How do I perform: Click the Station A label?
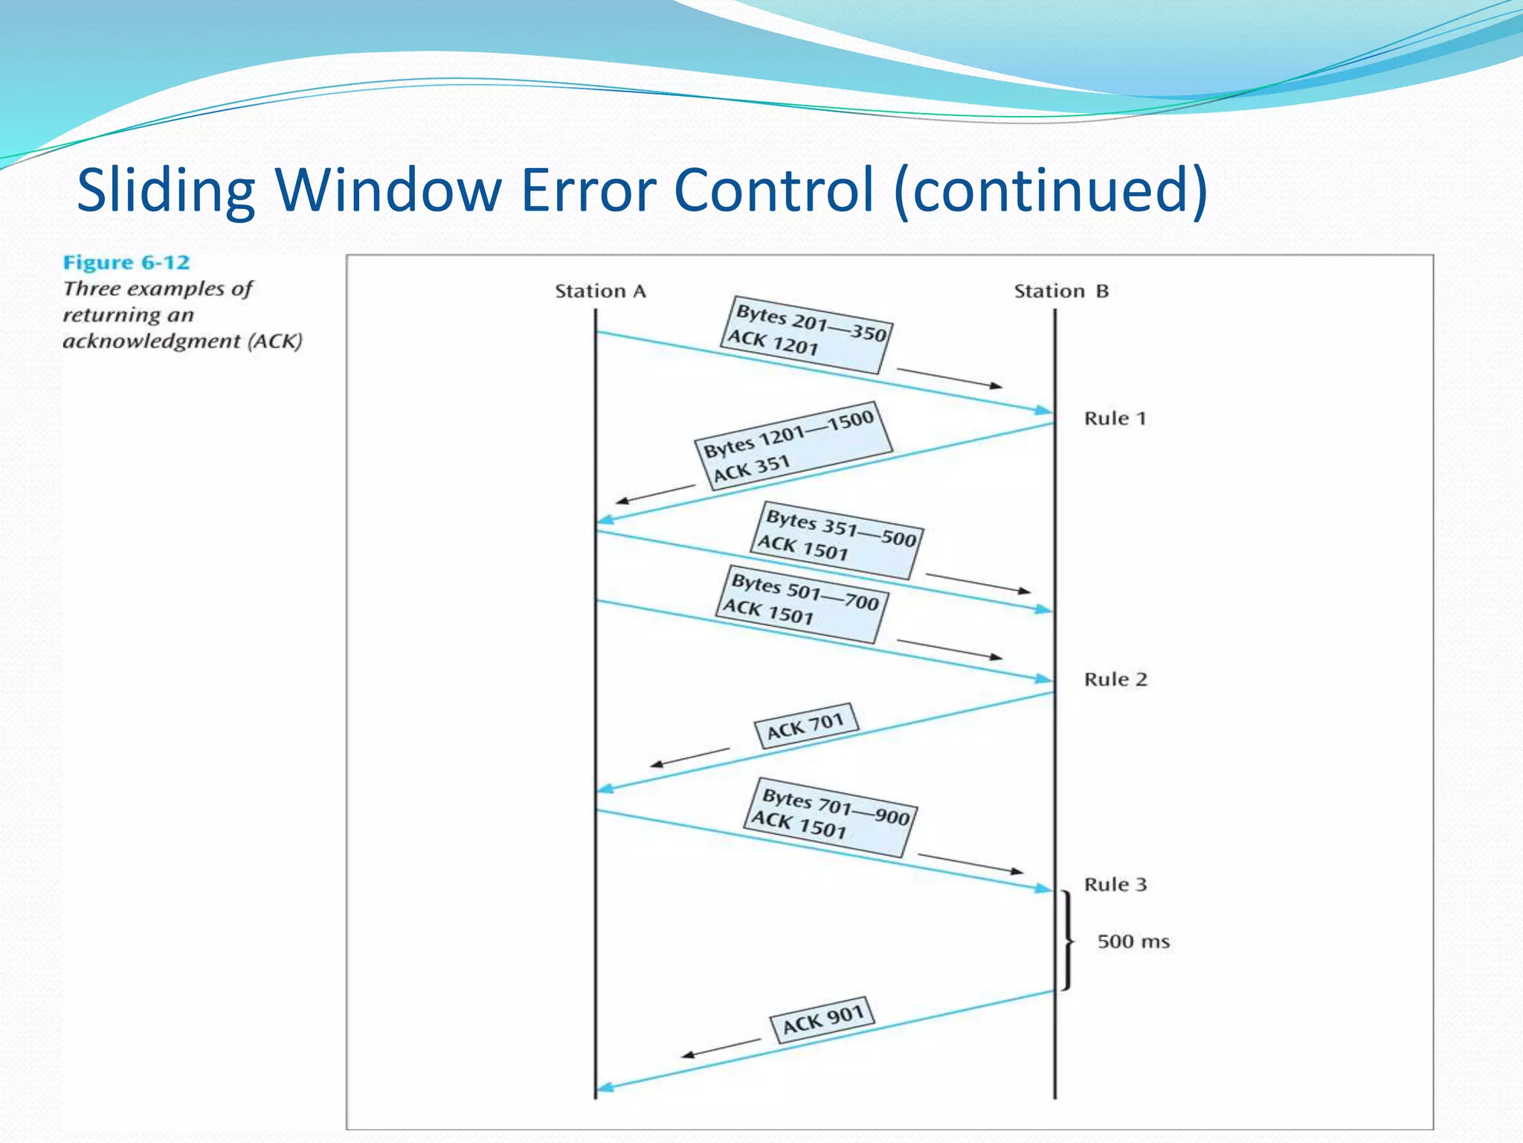tap(600, 291)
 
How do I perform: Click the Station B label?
tap(1061, 291)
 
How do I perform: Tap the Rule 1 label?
tap(1115, 418)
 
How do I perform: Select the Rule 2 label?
tap(1115, 679)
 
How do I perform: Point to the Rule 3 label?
tap(1115, 885)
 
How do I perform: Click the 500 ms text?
tap(1133, 941)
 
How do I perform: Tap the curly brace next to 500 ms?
tap(1069, 941)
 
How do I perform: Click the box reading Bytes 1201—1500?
tap(793, 446)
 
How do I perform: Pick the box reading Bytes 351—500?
tap(837, 540)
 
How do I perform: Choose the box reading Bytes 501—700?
tap(802, 603)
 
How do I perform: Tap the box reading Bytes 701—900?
tap(831, 816)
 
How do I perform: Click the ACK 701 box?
tap(806, 725)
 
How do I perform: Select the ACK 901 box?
tap(822, 1019)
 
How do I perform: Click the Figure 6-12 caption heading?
tap(126, 263)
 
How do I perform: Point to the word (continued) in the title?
tap(1052, 190)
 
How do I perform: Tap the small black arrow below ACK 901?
tap(721, 1048)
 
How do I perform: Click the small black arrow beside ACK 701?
tap(689, 758)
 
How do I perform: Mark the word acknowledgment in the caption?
tap(152, 342)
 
